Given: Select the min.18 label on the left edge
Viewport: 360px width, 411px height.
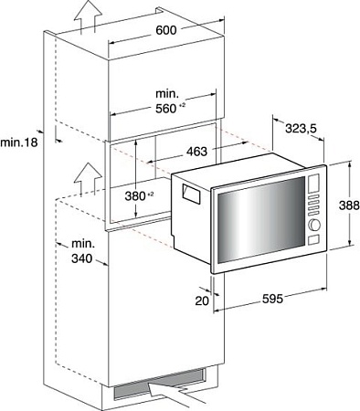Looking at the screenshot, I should click(x=20, y=142).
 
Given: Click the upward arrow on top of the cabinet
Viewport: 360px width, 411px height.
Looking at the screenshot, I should click(x=87, y=16).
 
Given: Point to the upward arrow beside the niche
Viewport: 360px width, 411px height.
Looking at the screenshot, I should click(x=87, y=174).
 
